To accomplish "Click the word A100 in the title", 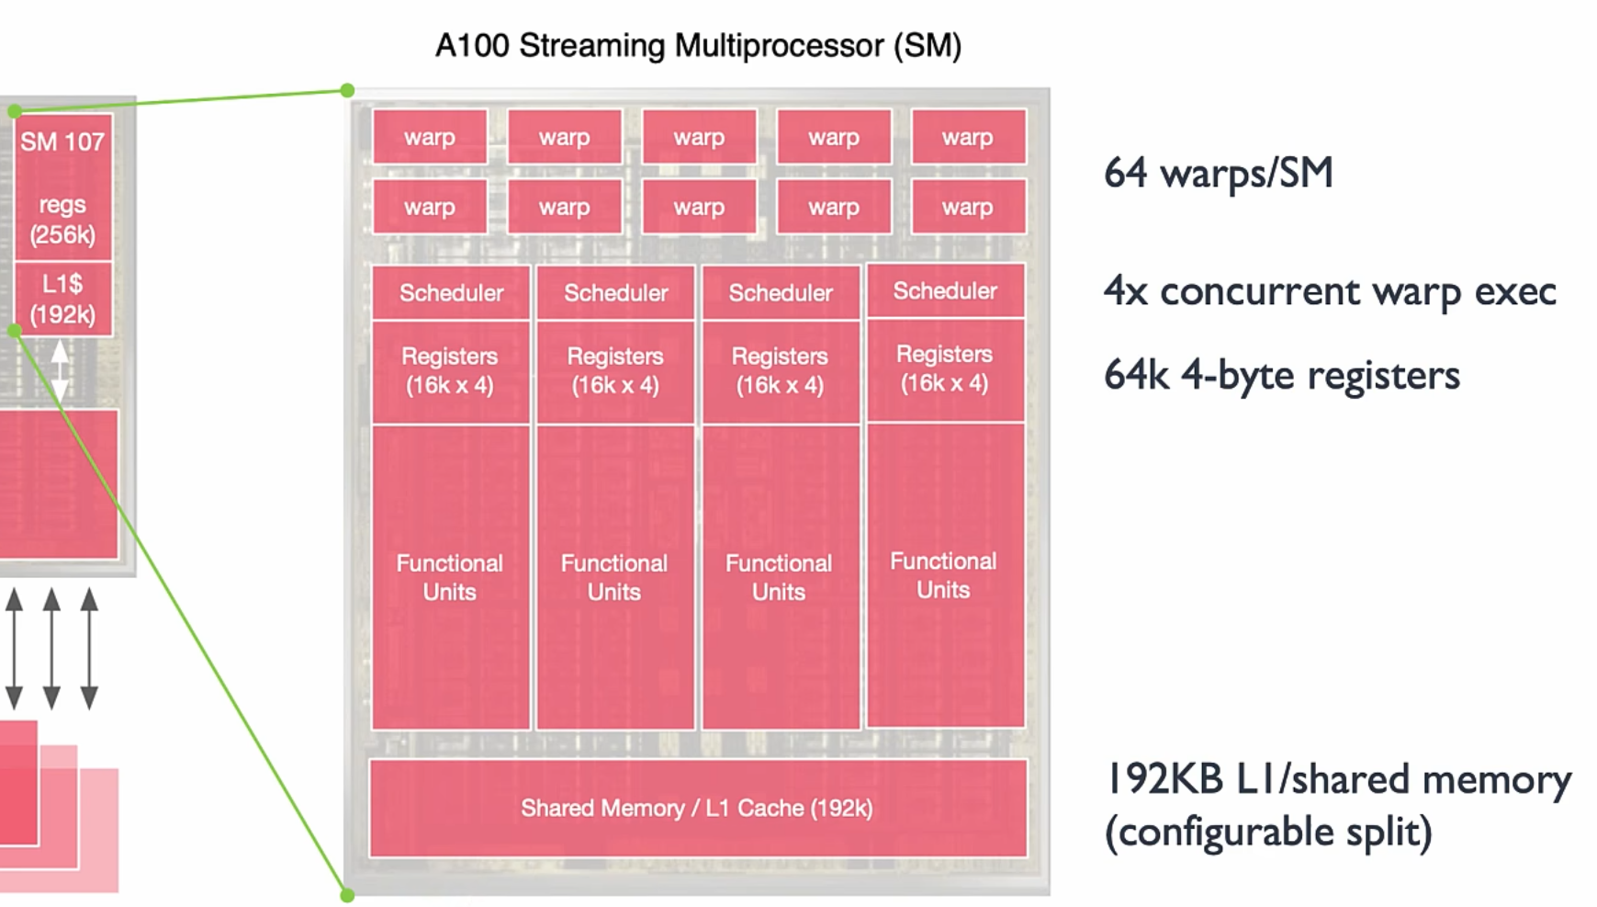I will pyautogui.click(x=471, y=45).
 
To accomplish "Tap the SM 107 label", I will pyautogui.click(x=62, y=142).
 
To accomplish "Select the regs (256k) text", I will pyautogui.click(x=62, y=220).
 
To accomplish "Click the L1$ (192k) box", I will pyautogui.click(x=62, y=299).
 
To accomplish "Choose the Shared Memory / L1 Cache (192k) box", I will pyautogui.click(x=697, y=808).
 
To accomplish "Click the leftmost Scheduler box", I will pyautogui.click(x=451, y=293).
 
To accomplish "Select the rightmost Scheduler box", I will pyautogui.click(x=945, y=291).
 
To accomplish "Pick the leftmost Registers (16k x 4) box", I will pyautogui.click(x=450, y=370).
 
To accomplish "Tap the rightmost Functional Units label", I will pyautogui.click(x=943, y=575).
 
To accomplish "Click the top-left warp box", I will pyautogui.click(x=430, y=137).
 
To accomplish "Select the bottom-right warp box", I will pyautogui.click(x=968, y=207).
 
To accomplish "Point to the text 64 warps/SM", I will pyautogui.click(x=1218, y=173).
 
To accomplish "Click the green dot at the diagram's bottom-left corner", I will pyautogui.click(x=347, y=894).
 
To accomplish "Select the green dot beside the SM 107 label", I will pyautogui.click(x=15, y=111).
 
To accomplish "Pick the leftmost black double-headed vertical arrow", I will pyautogui.click(x=14, y=649).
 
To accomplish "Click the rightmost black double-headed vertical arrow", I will pyautogui.click(x=89, y=649).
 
